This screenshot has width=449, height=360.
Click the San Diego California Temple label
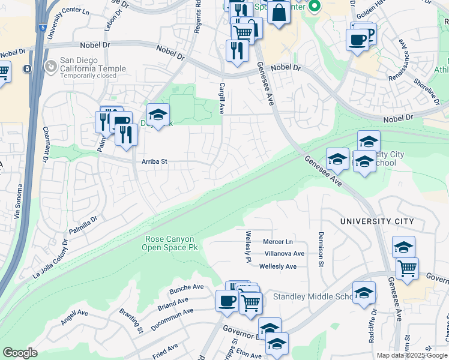(92, 65)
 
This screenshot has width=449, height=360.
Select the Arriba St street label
(154, 161)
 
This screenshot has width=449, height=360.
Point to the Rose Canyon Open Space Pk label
(170, 243)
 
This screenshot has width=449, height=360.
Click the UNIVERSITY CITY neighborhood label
(376, 221)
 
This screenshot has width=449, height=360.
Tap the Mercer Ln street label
(277, 242)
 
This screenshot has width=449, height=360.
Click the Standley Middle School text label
(312, 297)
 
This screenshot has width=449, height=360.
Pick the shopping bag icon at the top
(279, 12)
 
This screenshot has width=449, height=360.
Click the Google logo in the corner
(20, 353)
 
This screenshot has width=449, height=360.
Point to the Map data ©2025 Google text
(412, 355)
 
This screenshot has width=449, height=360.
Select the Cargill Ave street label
(221, 98)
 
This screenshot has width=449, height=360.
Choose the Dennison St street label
(321, 243)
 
